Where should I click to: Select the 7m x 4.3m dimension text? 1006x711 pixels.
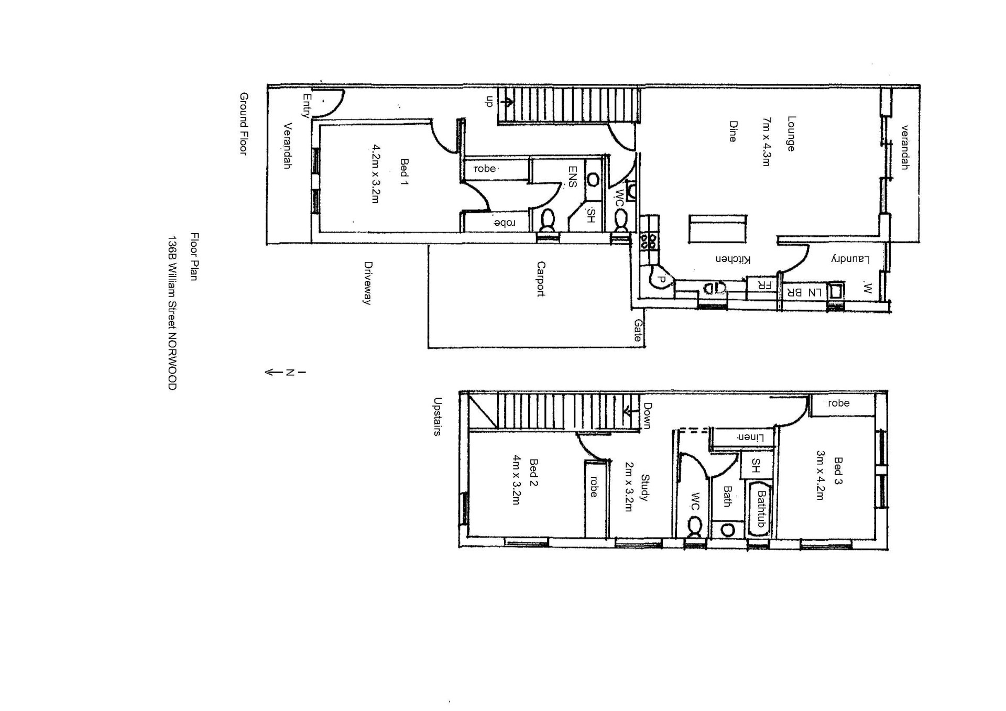(767, 142)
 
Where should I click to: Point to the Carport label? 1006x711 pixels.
(541, 279)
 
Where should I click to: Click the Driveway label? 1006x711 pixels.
(368, 283)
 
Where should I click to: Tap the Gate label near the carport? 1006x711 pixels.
(638, 331)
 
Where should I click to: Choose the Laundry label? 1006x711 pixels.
(850, 259)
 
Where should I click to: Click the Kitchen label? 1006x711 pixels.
(733, 259)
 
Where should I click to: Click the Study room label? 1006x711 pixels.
(645, 488)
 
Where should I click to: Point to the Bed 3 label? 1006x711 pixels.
(838, 471)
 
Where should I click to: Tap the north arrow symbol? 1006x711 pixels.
(285, 373)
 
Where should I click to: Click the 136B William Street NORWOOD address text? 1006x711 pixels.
(172, 313)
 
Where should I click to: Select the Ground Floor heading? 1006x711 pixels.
(244, 124)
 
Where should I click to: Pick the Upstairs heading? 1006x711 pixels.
(438, 417)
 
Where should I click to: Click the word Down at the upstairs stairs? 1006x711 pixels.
(647, 415)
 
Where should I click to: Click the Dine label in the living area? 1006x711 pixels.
(732, 132)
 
